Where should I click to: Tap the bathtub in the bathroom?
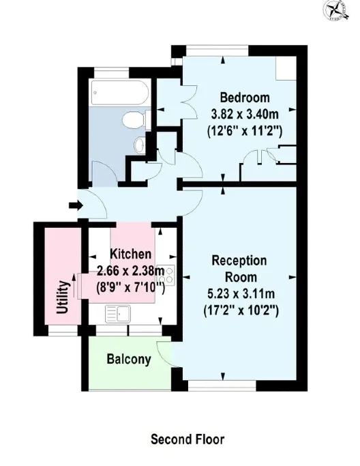[x=120, y=93]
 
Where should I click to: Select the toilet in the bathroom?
[x=136, y=120]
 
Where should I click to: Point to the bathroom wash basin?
[x=140, y=145]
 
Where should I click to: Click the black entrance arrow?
[x=76, y=205]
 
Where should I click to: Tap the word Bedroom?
[x=245, y=98]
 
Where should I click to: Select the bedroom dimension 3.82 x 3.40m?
[x=245, y=114]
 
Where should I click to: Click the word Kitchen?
[x=130, y=254]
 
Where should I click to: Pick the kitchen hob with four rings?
[x=166, y=275]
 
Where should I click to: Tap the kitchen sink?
[x=118, y=314]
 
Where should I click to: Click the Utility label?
[x=62, y=297]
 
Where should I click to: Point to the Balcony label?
[x=129, y=360]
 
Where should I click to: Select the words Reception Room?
[x=239, y=269]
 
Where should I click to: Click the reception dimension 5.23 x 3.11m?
[x=241, y=294]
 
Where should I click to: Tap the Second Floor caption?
[x=187, y=439]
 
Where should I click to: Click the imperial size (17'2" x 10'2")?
[x=241, y=311]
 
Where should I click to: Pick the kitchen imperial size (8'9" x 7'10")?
[x=130, y=287]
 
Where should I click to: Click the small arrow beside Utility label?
[x=74, y=284]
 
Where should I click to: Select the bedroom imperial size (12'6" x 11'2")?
[x=245, y=131]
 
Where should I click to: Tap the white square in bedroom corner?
[x=286, y=68]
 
